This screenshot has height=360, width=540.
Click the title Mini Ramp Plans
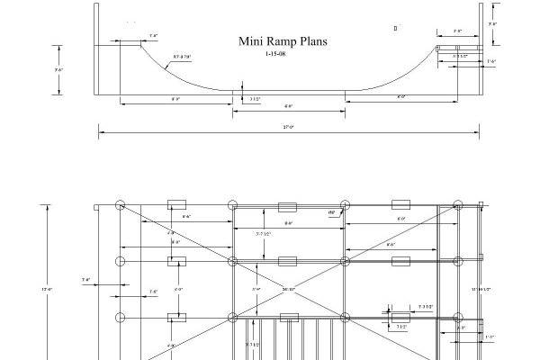[282, 40]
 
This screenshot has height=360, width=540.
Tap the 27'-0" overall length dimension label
[288, 128]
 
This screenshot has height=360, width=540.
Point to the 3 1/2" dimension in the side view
[254, 99]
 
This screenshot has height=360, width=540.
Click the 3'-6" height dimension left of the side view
[58, 69]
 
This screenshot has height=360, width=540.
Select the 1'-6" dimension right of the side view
[490, 61]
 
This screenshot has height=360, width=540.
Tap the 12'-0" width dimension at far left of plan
[47, 289]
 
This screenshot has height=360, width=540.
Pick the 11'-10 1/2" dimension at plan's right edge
[493, 289]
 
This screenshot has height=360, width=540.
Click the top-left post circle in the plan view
[120, 206]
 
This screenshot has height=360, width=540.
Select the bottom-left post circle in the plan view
[120, 317]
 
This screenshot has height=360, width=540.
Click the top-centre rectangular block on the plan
[287, 206]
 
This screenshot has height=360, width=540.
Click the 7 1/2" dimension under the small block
[400, 328]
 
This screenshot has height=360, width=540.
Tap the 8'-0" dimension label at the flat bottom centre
[288, 105]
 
